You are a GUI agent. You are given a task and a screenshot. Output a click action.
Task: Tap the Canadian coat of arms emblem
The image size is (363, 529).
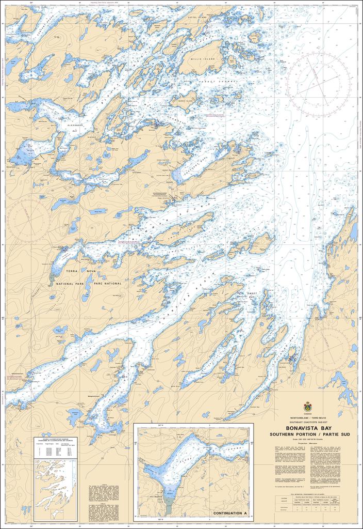coord(307,407)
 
